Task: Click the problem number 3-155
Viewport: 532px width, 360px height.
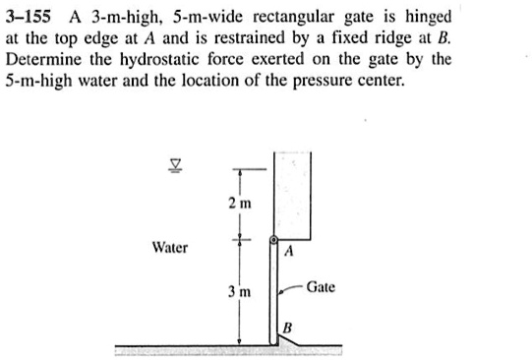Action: tap(32, 18)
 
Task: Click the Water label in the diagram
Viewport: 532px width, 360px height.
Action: tap(170, 248)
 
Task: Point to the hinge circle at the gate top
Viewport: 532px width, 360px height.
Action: tap(275, 240)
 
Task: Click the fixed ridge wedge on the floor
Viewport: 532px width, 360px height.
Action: tap(286, 339)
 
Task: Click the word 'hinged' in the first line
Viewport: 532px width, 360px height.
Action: tap(427, 18)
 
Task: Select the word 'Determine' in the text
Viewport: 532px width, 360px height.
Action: tap(44, 61)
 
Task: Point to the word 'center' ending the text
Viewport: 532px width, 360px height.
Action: tap(379, 83)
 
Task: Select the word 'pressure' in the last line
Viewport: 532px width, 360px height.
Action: tap(318, 83)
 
